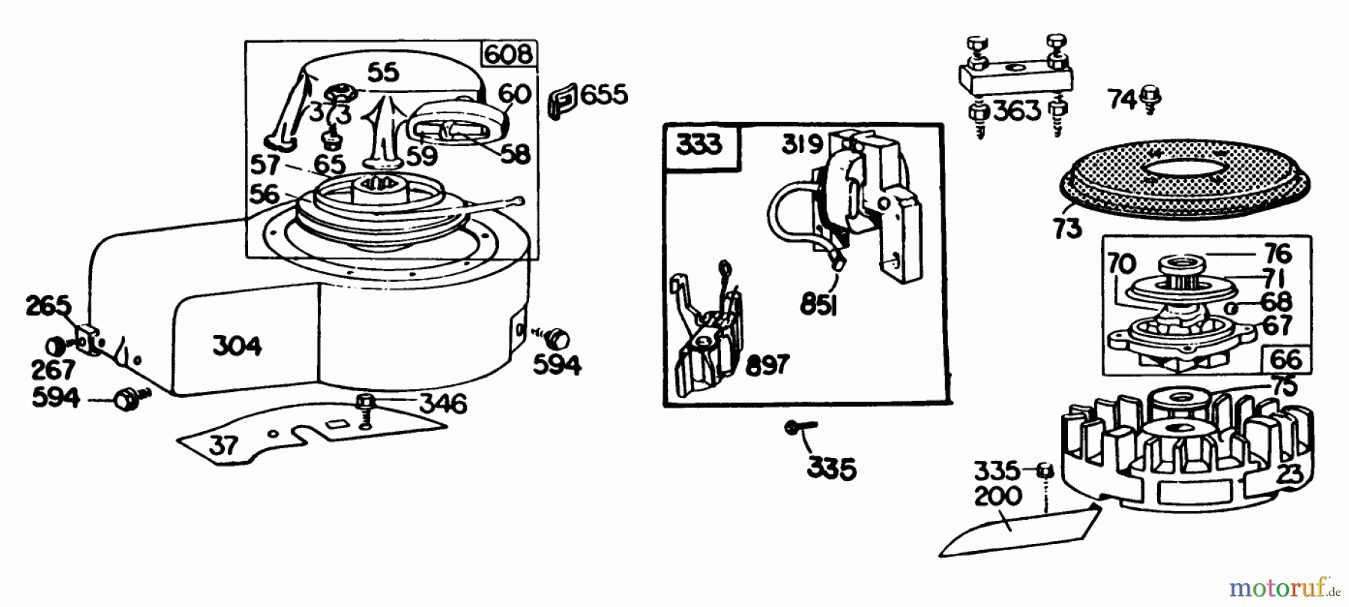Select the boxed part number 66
pos(1286,360)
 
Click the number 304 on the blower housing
pos(237,346)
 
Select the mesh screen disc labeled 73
pos(1184,184)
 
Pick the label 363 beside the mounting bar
pos(1017,112)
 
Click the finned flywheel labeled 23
pos(1192,457)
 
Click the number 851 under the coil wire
pos(818,305)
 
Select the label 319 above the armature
pos(802,144)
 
